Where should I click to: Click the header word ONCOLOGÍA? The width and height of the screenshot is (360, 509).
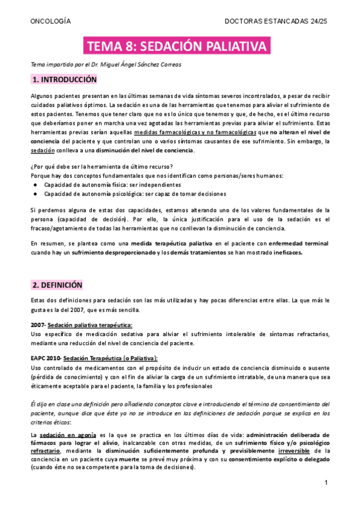click(50, 21)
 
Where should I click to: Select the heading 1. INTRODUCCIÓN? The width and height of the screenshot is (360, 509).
click(64, 79)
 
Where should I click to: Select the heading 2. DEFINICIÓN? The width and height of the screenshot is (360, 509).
click(58, 285)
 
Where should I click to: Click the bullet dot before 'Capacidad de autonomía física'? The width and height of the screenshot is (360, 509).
click(36, 184)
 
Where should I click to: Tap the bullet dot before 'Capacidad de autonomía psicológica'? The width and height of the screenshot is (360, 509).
click(36, 193)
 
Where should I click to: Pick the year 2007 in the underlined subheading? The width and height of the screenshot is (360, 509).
click(37, 325)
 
